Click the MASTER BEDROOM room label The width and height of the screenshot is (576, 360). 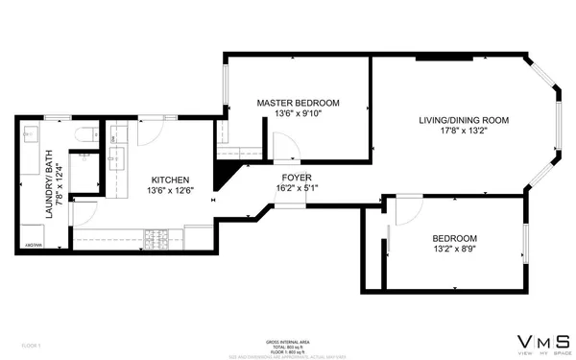coord(298,102)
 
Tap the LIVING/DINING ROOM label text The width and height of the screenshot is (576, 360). coord(463,120)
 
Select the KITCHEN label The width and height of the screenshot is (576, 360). coord(169,180)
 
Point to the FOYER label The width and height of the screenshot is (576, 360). coord(296,177)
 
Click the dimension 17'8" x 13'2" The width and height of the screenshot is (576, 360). coord(463,132)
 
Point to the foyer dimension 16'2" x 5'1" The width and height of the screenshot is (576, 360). coord(296,188)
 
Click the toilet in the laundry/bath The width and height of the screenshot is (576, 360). coord(84,134)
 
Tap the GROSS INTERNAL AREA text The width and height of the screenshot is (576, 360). coord(288,341)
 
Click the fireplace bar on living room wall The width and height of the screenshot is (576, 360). coord(444,60)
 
